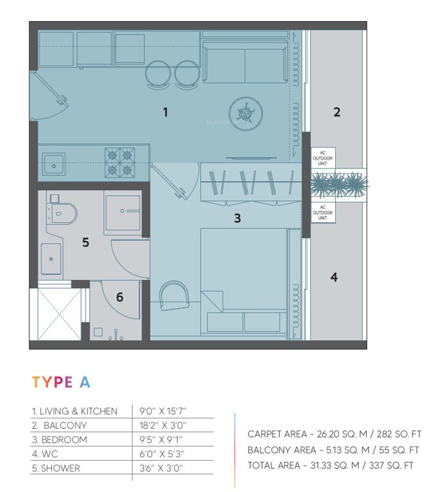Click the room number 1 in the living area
[165, 112]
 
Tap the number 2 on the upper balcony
[337, 112]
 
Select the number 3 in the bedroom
[237, 218]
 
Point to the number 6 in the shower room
[119, 298]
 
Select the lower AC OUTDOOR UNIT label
[323, 213]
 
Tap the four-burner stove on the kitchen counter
[120, 162]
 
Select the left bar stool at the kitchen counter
[158, 74]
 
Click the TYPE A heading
[61, 382]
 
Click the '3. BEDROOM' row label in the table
[60, 440]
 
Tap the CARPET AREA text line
[333, 434]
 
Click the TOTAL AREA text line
[333, 465]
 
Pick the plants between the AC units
[338, 186]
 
